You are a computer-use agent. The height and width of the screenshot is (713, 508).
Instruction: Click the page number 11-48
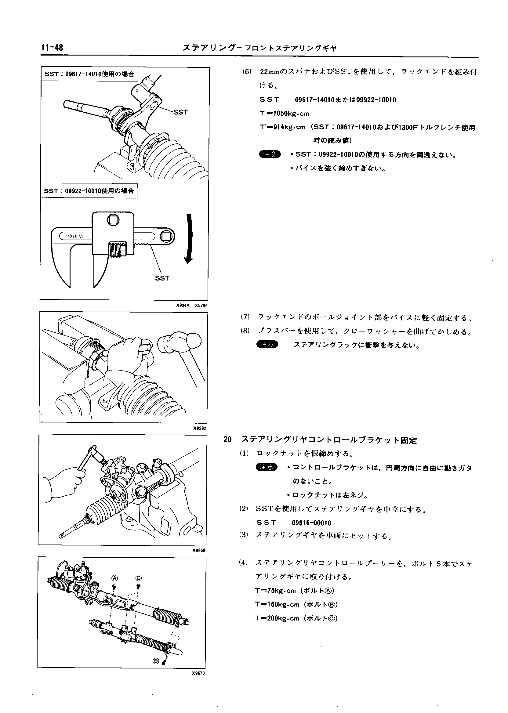point(52,48)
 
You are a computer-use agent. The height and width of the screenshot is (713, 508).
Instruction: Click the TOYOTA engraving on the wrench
point(75,236)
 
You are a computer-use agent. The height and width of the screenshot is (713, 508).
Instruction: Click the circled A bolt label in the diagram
point(114,577)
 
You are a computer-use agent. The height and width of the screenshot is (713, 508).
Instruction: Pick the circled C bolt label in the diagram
point(139,577)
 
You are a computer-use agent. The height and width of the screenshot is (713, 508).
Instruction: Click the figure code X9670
point(198,673)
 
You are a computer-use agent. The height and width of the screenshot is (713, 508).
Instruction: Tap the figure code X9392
point(200,428)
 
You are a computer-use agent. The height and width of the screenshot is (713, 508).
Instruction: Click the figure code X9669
point(199,550)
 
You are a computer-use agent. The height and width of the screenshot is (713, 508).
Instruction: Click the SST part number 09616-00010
point(311,523)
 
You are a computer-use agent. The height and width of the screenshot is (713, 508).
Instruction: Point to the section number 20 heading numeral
point(227,440)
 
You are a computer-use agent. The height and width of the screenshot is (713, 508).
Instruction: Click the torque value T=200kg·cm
point(277,618)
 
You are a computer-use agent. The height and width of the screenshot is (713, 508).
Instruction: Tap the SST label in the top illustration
point(180,112)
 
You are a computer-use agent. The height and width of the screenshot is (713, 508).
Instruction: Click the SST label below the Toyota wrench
point(162,278)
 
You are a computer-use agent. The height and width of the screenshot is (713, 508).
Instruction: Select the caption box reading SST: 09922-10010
point(89,191)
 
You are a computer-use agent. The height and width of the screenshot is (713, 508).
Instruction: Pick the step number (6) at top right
point(247,72)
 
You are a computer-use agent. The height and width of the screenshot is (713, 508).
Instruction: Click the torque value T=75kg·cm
point(275,591)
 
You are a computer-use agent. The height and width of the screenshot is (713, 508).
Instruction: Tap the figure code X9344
point(182,306)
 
